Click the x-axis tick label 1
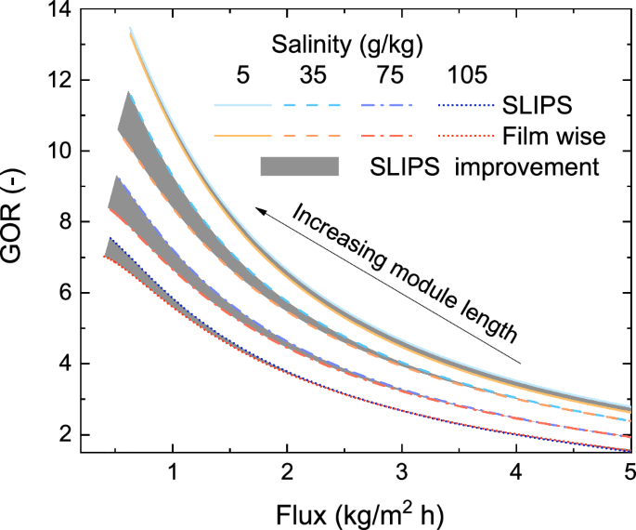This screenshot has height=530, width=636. point(172,471)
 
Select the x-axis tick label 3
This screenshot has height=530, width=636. point(401,471)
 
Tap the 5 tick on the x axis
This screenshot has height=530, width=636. point(630,471)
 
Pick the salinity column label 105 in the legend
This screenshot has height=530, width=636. point(465,75)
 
